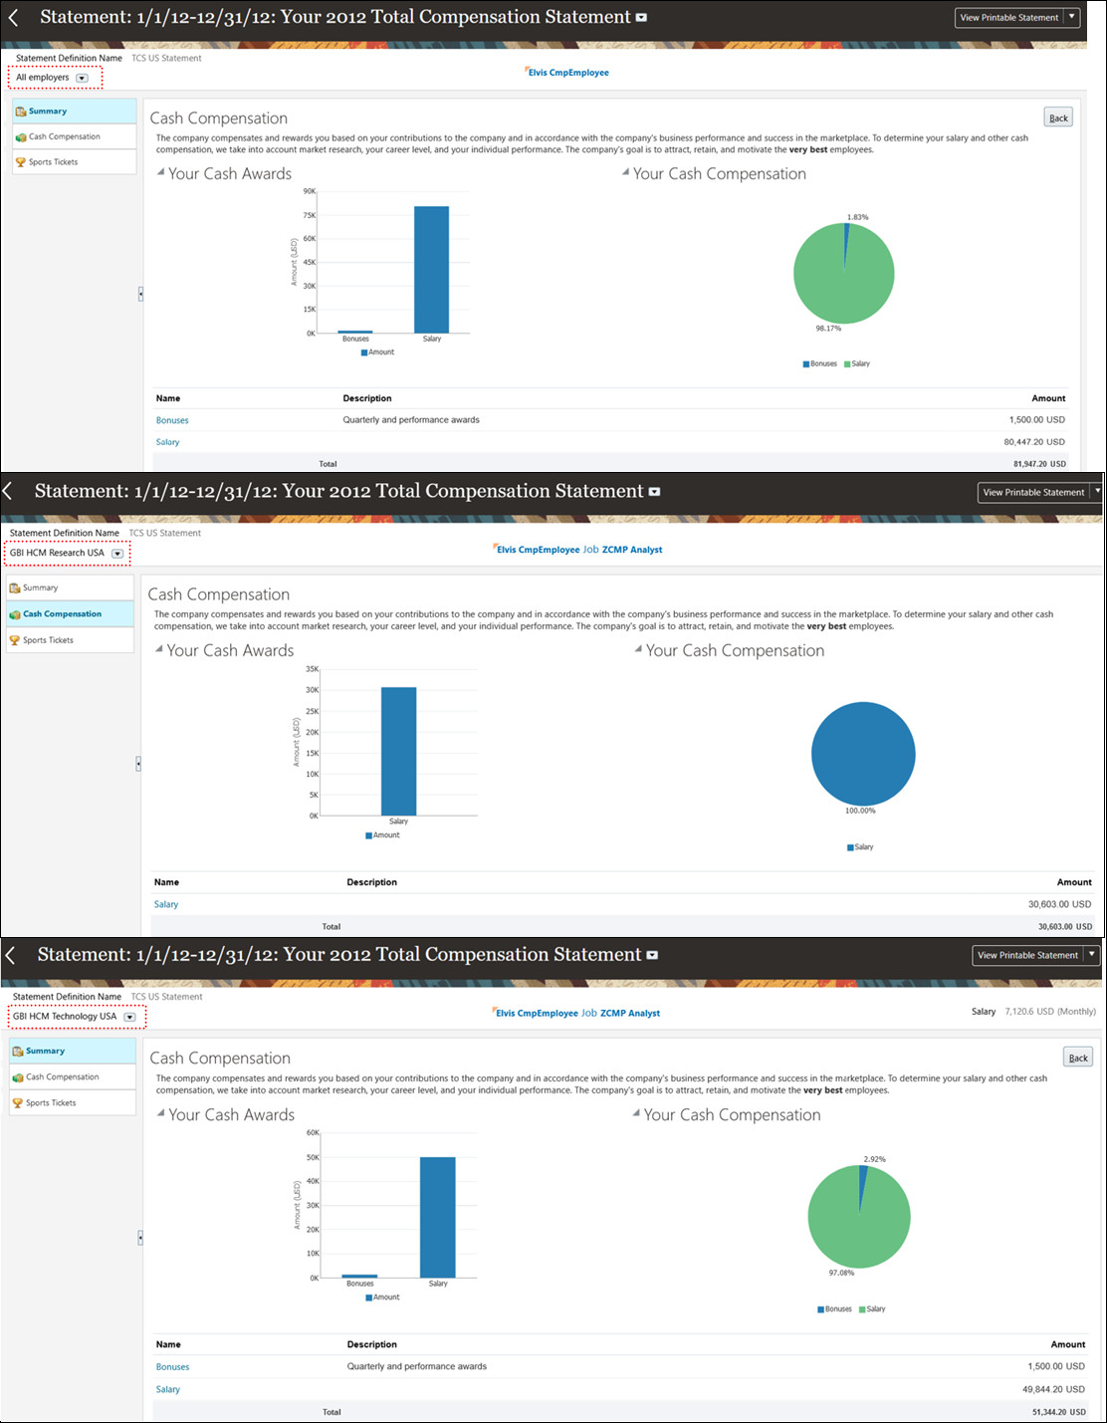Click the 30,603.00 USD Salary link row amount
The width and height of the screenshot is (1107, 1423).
coord(1059,904)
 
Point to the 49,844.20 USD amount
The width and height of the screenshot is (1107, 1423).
coord(1053,1389)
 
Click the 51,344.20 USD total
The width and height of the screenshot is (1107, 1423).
coord(1058,1412)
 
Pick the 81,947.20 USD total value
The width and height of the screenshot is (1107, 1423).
coord(1039,464)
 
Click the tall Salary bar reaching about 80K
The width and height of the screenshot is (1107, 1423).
coord(431,269)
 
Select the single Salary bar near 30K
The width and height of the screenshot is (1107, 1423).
coord(398,751)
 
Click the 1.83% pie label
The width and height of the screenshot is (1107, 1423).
coord(857,217)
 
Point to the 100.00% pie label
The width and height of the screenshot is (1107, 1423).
coord(860,811)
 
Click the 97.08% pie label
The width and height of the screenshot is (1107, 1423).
coord(841,1273)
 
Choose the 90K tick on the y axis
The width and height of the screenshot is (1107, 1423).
coord(310,191)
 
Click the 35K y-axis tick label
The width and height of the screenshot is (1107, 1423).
coord(313,669)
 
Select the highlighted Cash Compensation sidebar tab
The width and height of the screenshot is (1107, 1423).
coord(62,614)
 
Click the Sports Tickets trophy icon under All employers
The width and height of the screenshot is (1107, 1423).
coord(20,162)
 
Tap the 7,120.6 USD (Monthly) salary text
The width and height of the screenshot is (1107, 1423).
coord(1050,1012)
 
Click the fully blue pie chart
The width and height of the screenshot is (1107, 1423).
coord(863,754)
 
